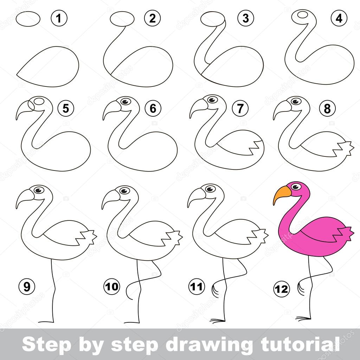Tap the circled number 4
[339, 19]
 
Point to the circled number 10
[111, 286]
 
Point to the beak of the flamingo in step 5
[22, 109]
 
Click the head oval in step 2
[122, 18]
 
